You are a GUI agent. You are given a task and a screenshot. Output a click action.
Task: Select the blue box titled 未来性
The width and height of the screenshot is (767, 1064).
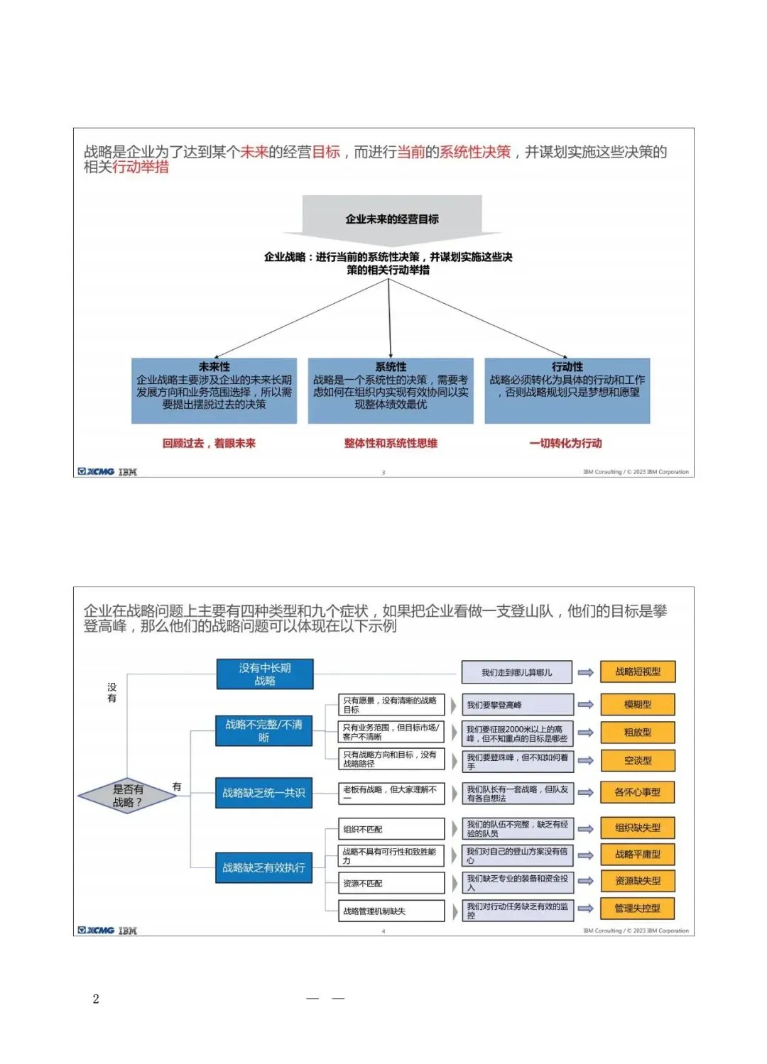pos(214,390)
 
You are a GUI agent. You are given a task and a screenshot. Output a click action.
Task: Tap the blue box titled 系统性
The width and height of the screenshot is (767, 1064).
pos(391,390)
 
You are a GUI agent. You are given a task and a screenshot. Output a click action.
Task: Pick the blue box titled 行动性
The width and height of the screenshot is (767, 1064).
pos(567,390)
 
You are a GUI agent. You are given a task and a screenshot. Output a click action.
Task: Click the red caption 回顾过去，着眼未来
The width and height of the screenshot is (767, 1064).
pos(209,444)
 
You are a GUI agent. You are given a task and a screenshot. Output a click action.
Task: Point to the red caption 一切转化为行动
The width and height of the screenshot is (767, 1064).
pos(565,444)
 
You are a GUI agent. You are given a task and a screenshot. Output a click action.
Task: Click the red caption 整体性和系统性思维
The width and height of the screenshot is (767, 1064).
pos(391,444)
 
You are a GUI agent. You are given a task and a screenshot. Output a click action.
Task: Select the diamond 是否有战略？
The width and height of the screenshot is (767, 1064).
pos(127,796)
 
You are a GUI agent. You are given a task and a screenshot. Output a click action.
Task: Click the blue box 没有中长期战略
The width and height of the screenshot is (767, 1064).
pos(264,674)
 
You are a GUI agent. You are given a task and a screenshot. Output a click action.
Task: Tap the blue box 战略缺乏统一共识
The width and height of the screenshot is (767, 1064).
pos(263,793)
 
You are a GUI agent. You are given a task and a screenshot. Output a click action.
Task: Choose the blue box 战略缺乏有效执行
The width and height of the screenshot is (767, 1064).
pos(263,867)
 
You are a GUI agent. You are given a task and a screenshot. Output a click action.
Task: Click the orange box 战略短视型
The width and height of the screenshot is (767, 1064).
pos(638,671)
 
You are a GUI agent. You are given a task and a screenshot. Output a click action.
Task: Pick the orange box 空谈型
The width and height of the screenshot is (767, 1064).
pos(638,760)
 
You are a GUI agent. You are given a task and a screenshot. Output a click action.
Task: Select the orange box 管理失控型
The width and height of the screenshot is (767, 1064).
pos(638,909)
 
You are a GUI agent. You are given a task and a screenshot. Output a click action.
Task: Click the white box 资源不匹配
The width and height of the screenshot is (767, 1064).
pos(391,884)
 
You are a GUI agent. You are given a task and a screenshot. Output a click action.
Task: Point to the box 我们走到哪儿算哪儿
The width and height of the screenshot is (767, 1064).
pos(516,672)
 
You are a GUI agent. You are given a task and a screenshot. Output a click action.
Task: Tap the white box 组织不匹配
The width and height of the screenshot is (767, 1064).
pos(391,829)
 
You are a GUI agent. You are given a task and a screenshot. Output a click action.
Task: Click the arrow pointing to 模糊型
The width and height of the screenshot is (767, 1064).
pos(586,705)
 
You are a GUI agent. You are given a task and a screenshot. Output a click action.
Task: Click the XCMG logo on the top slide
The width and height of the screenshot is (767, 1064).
pos(97,472)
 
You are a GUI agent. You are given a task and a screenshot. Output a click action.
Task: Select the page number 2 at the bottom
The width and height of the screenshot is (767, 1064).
pos(96,999)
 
